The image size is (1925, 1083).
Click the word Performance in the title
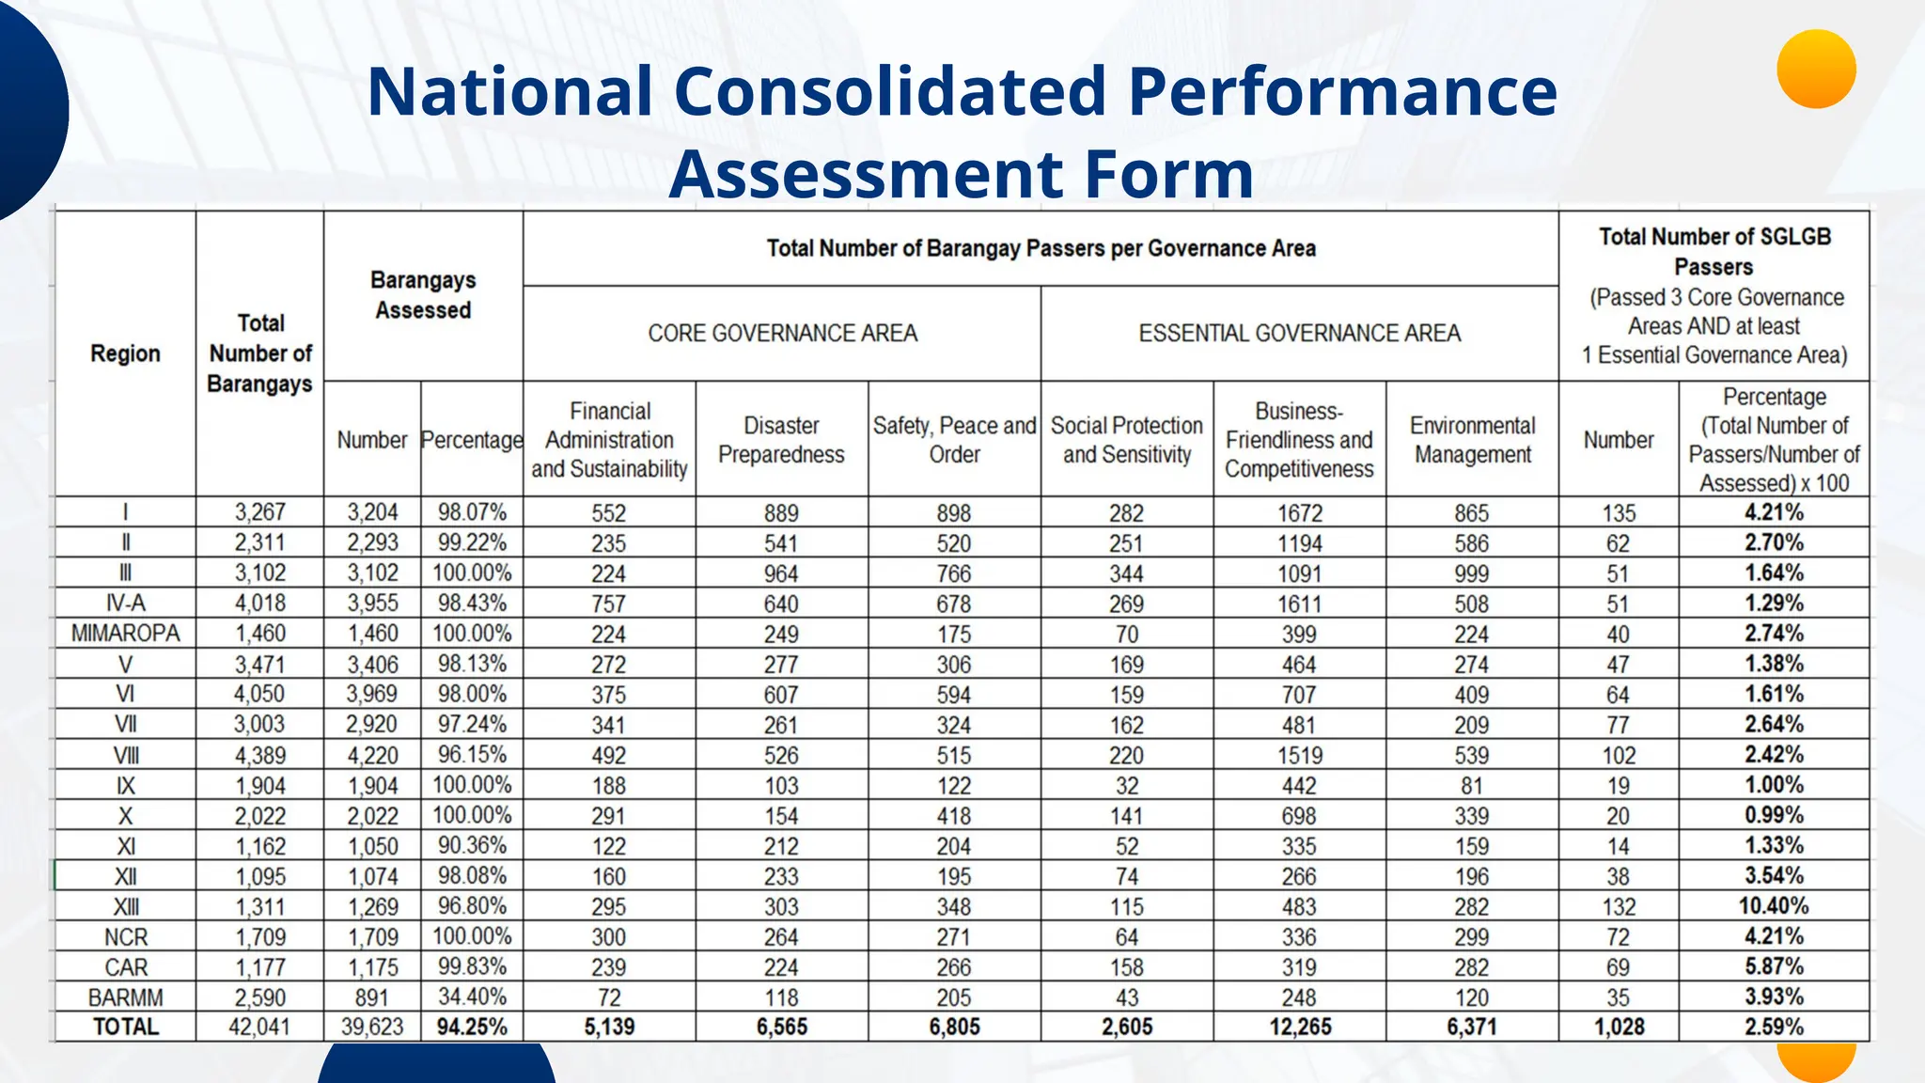1342,91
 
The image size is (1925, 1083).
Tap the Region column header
125,353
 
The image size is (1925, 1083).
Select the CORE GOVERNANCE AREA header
782,333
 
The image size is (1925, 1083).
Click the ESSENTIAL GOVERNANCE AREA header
1299,333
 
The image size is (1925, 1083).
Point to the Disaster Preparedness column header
781,440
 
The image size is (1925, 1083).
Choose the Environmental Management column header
1472,440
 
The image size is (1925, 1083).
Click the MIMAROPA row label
125,633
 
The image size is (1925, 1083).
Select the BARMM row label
125,997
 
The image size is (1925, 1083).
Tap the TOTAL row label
125,1027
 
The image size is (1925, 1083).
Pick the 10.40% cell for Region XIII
1773,906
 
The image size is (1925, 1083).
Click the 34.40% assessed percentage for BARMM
472,997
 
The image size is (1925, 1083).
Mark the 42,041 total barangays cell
259,1027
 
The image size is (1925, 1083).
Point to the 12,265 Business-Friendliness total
1300,1027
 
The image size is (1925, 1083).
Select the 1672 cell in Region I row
1299,513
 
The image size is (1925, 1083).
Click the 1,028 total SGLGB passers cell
1619,1027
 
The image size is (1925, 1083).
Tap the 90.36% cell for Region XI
472,845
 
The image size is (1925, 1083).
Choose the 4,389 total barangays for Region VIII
259,755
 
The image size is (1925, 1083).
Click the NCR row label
125,936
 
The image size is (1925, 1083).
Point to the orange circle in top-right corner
1816,69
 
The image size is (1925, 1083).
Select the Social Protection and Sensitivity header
1126,440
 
